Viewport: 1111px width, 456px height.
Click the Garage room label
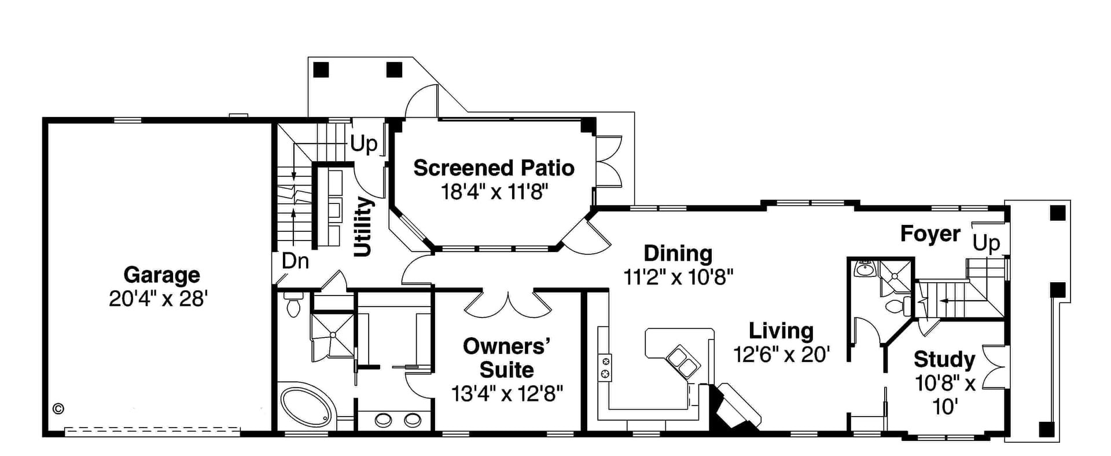click(x=161, y=275)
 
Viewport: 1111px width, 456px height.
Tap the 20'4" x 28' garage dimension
click(x=158, y=299)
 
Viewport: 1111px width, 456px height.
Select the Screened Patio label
click(x=494, y=168)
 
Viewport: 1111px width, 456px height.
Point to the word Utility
click(x=363, y=227)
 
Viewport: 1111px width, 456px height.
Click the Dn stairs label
click(x=295, y=261)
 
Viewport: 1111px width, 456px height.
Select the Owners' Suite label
click(x=506, y=358)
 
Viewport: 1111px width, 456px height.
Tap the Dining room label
click(x=678, y=254)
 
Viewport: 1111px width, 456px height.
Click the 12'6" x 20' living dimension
click(x=781, y=355)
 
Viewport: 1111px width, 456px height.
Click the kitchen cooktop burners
click(x=605, y=367)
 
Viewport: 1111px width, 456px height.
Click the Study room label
click(x=944, y=360)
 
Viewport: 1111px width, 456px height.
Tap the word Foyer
click(x=930, y=234)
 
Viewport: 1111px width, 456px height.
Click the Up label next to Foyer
click(x=986, y=243)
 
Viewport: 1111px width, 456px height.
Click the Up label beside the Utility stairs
click(x=364, y=144)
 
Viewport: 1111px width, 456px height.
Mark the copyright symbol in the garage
click(x=58, y=408)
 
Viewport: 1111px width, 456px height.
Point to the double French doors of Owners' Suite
click(x=507, y=304)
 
